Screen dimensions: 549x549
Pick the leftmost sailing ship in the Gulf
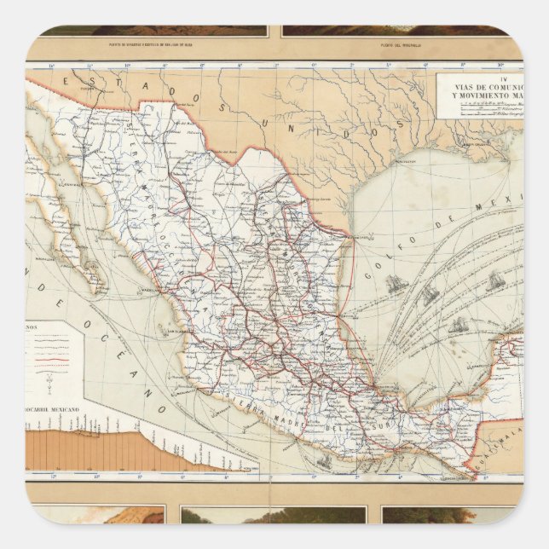coord(394,284)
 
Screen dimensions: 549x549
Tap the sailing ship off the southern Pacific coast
coord(324,461)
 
